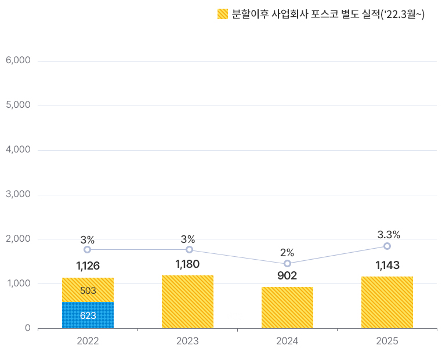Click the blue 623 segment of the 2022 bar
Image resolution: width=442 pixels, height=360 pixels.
point(88,315)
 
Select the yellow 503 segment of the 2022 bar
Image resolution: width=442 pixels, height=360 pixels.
point(88,290)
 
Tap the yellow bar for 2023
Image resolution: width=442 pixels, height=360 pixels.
point(187,301)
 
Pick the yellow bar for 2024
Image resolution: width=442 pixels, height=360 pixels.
point(287,307)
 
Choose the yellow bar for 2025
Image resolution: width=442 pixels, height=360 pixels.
point(387,302)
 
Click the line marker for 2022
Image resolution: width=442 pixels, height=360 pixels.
point(87,250)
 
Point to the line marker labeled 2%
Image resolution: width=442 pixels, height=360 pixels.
point(287,264)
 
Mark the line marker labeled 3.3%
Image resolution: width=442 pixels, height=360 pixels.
point(387,246)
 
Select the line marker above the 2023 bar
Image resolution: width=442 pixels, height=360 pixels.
point(189,250)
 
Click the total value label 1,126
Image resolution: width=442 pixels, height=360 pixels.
point(88,266)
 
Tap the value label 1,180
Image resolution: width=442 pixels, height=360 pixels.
point(187,264)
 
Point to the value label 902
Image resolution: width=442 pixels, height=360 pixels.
point(287,276)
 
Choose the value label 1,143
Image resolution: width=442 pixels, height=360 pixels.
point(387,266)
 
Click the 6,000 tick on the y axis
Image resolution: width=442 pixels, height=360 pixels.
point(17,61)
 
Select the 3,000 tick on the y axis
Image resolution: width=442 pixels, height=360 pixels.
point(17,194)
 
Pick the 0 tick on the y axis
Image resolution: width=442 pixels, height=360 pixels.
point(27,328)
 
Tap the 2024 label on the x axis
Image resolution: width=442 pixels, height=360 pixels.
point(287,341)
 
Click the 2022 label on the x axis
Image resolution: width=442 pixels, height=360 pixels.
point(88,341)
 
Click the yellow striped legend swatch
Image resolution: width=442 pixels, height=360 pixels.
point(223,14)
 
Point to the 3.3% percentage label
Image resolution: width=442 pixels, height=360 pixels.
point(389,235)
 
